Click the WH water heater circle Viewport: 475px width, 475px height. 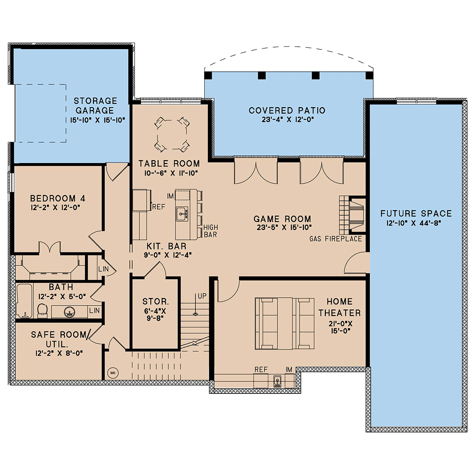pos(113,373)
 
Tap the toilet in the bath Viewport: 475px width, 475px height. pos(42,310)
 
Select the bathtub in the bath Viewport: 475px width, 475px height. pos(24,301)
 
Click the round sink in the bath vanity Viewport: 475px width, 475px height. pos(69,312)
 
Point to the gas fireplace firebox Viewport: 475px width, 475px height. pos(357,215)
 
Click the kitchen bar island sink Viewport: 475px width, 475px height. pos(182,213)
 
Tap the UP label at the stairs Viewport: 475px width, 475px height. pos(202,296)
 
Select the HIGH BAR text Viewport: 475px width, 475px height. pos(211,231)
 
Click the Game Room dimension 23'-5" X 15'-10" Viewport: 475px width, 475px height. pos(284,228)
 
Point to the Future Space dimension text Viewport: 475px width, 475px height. pos(414,223)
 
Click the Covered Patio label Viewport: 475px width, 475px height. pos(287,110)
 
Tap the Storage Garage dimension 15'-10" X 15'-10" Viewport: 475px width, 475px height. pos(98,120)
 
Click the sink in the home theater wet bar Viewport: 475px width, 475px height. pos(277,382)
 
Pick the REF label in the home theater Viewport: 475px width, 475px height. pos(261,369)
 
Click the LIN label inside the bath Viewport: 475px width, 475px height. pos(95,310)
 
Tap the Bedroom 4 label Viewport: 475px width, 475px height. pos(58,198)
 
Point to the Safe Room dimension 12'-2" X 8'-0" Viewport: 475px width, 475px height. pos(59,353)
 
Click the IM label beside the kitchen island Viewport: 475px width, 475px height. pos(170,196)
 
